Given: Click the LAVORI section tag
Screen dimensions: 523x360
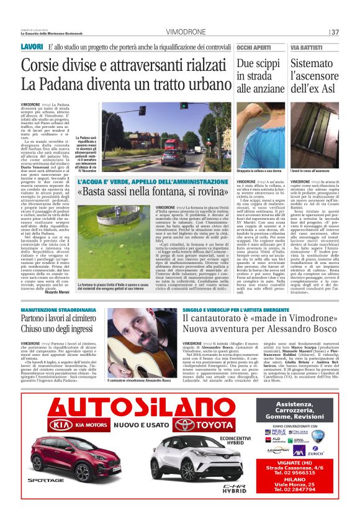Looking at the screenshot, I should click(x=32, y=47).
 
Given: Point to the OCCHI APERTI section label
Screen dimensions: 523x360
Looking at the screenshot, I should click(x=254, y=48).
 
